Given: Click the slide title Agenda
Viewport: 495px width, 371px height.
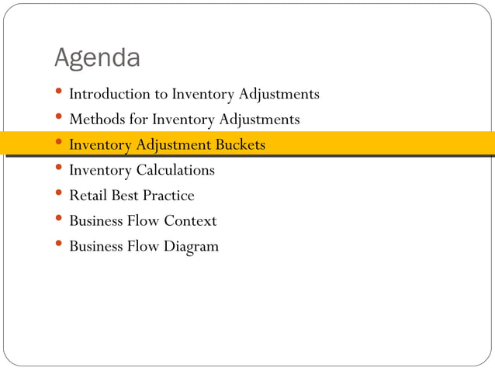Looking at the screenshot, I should coord(97,58).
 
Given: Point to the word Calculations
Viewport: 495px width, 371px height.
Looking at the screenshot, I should coord(175,170).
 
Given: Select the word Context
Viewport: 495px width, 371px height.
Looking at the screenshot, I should coord(190,221).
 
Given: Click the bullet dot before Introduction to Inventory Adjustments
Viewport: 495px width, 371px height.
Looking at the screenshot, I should coord(59,93).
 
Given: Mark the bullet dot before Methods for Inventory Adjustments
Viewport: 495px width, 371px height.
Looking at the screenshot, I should coord(59,119).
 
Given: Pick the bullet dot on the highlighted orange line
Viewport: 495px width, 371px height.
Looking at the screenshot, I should coord(59,144).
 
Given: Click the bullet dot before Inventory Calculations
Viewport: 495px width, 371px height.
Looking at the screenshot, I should coord(59,169).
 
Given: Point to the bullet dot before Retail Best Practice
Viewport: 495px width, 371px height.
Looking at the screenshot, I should coord(59,195).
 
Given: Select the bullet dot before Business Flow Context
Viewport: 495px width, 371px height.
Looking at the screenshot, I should coord(59,220).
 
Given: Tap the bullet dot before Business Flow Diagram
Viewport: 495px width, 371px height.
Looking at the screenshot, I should coord(59,246).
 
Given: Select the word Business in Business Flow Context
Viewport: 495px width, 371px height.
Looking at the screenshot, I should coord(96,221).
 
